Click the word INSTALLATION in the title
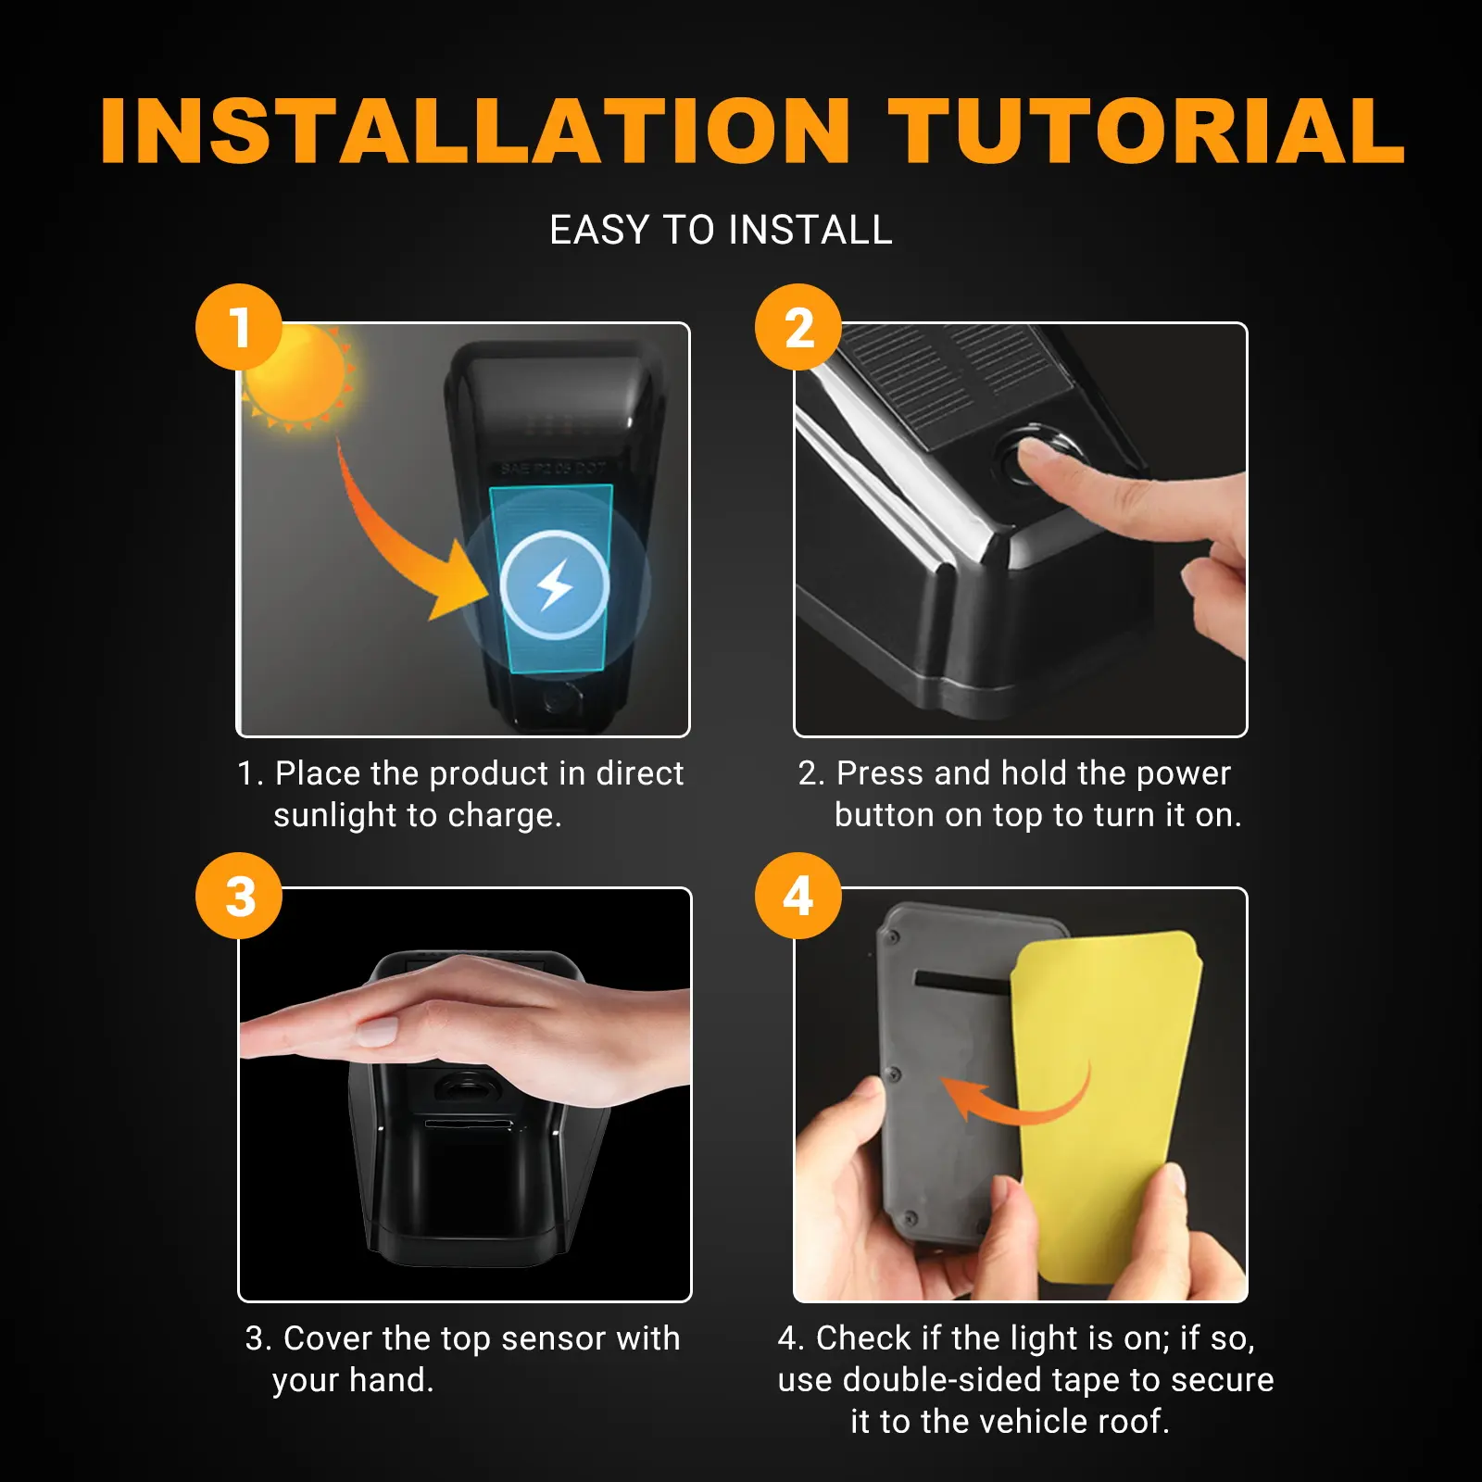click(x=475, y=131)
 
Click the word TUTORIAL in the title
click(x=1146, y=131)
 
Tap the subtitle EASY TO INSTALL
click(x=721, y=230)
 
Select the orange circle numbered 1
click(x=239, y=327)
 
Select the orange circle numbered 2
click(x=798, y=327)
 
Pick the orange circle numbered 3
click(x=239, y=896)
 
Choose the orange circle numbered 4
click(x=798, y=896)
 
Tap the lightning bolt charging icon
click(x=555, y=585)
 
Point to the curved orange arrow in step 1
click(x=370, y=537)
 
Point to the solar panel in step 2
click(x=954, y=380)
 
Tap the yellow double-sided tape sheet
click(x=1107, y=1107)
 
